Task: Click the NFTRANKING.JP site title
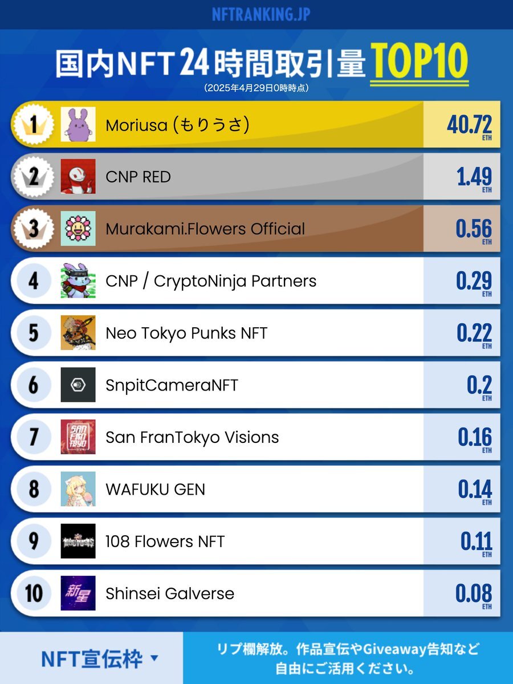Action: [x=260, y=14]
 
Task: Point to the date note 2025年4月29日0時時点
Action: [x=256, y=88]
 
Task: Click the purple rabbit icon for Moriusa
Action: [x=78, y=124]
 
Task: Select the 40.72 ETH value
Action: [x=469, y=124]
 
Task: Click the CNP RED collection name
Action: [x=138, y=177]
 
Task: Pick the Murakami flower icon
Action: [x=78, y=229]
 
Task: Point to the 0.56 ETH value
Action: [x=473, y=229]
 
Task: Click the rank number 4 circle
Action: [x=34, y=281]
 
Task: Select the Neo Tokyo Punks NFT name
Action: [x=186, y=333]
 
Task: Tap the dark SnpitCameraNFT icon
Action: [x=78, y=385]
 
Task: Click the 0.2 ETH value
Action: [x=479, y=386]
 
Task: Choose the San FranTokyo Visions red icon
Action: [x=78, y=437]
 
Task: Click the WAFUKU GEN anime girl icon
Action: [x=78, y=489]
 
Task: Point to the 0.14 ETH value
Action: [x=474, y=490]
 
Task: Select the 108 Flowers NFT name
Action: [x=165, y=541]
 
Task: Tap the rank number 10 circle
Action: [x=34, y=593]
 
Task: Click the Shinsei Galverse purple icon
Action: [x=78, y=593]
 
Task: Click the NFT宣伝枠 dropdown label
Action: [x=92, y=659]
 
